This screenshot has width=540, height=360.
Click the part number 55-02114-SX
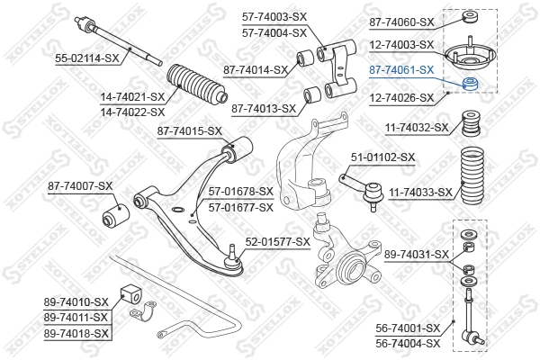tap(86, 58)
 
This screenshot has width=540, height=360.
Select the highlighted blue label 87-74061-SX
tap(401, 68)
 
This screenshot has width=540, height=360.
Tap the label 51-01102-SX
tap(382, 157)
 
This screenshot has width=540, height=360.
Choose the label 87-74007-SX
tap(80, 186)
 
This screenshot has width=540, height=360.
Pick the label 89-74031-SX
tap(416, 255)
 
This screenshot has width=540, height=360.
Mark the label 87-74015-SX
tap(189, 131)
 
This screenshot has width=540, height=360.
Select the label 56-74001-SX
tap(408, 328)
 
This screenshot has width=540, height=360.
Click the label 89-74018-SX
tap(76, 333)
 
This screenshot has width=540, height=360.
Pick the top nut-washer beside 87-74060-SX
tap(468, 17)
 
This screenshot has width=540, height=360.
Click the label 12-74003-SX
tap(401, 44)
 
